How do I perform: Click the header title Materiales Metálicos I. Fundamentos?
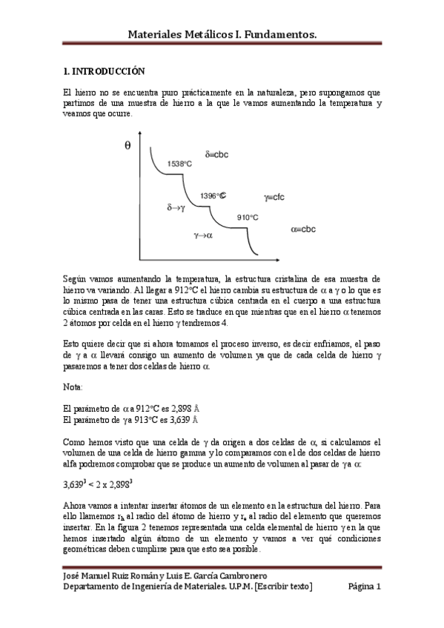click(222, 34)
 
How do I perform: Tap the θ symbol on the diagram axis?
click(127, 146)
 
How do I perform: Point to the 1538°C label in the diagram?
click(181, 164)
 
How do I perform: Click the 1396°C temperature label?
click(213, 196)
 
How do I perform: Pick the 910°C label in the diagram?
click(248, 217)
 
